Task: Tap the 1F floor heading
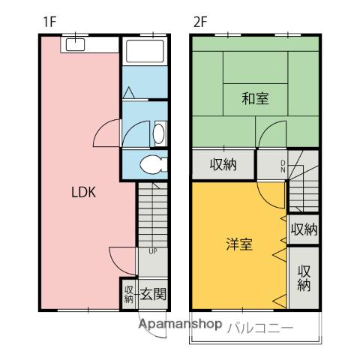pyautogui.click(x=49, y=22)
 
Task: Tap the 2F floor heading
pyautogui.click(x=199, y=22)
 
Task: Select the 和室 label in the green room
pyautogui.click(x=255, y=97)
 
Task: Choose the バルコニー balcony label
pyautogui.click(x=259, y=327)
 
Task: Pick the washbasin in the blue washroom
pyautogui.click(x=158, y=133)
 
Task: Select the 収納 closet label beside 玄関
pyautogui.click(x=128, y=293)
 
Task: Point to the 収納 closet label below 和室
pyautogui.click(x=223, y=164)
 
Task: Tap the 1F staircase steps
pyautogui.click(x=152, y=217)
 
